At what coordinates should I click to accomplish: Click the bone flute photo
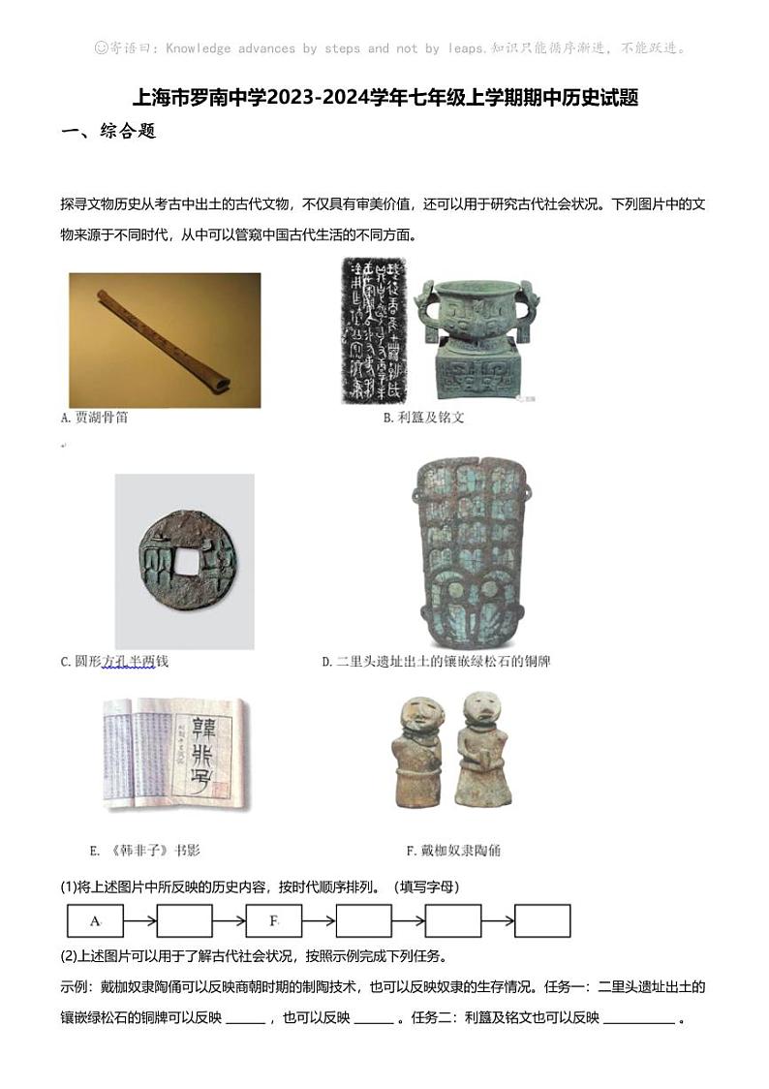[x=164, y=339]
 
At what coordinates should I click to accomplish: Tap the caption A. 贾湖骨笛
[x=94, y=418]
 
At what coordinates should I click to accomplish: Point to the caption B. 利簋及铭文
[x=423, y=418]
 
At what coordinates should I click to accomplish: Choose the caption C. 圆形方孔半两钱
[x=114, y=662]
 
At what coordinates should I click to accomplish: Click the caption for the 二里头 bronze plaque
[x=436, y=662]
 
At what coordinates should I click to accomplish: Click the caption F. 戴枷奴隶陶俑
[x=453, y=851]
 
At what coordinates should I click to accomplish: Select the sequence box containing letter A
[x=94, y=920]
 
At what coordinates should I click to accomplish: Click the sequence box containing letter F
[x=273, y=920]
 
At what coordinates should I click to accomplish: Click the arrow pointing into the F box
[x=229, y=920]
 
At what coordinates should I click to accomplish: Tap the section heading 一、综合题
[x=108, y=132]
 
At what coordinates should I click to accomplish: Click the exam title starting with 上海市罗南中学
[x=384, y=99]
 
